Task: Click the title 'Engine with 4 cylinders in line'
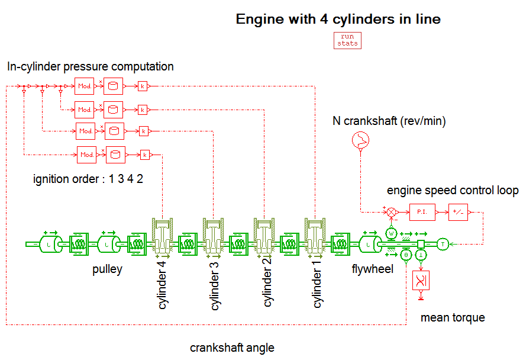click(x=338, y=19)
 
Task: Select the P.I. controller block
click(x=421, y=211)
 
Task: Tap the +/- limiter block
click(x=457, y=211)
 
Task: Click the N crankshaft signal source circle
click(x=360, y=140)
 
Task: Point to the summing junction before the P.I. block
click(x=390, y=211)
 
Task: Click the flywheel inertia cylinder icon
click(x=369, y=243)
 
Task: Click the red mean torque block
click(x=421, y=280)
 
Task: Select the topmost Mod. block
click(x=84, y=86)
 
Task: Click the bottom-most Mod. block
click(x=87, y=155)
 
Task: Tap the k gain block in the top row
click(x=143, y=86)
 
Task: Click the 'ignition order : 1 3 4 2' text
click(x=88, y=179)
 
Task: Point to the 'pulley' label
click(x=107, y=269)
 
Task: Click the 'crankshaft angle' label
click(x=232, y=348)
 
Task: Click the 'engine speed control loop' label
click(x=453, y=191)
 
